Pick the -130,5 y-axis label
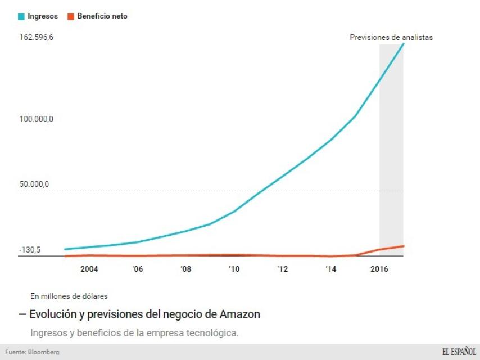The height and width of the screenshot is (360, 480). click(30, 250)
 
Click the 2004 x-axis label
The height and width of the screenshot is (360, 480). click(89, 269)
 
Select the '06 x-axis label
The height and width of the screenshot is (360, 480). click(137, 269)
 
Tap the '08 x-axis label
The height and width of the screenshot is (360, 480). click(185, 269)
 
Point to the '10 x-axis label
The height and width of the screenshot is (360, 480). click(234, 269)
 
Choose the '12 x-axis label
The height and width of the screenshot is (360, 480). click(282, 269)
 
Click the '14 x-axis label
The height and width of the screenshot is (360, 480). click(330, 269)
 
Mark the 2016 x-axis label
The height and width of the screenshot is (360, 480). click(379, 269)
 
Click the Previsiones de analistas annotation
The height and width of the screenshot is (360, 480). click(391, 38)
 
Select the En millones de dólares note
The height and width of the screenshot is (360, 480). click(69, 295)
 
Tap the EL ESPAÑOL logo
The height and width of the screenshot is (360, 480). click(459, 352)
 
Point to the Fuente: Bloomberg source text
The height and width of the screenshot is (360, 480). click(32, 352)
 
